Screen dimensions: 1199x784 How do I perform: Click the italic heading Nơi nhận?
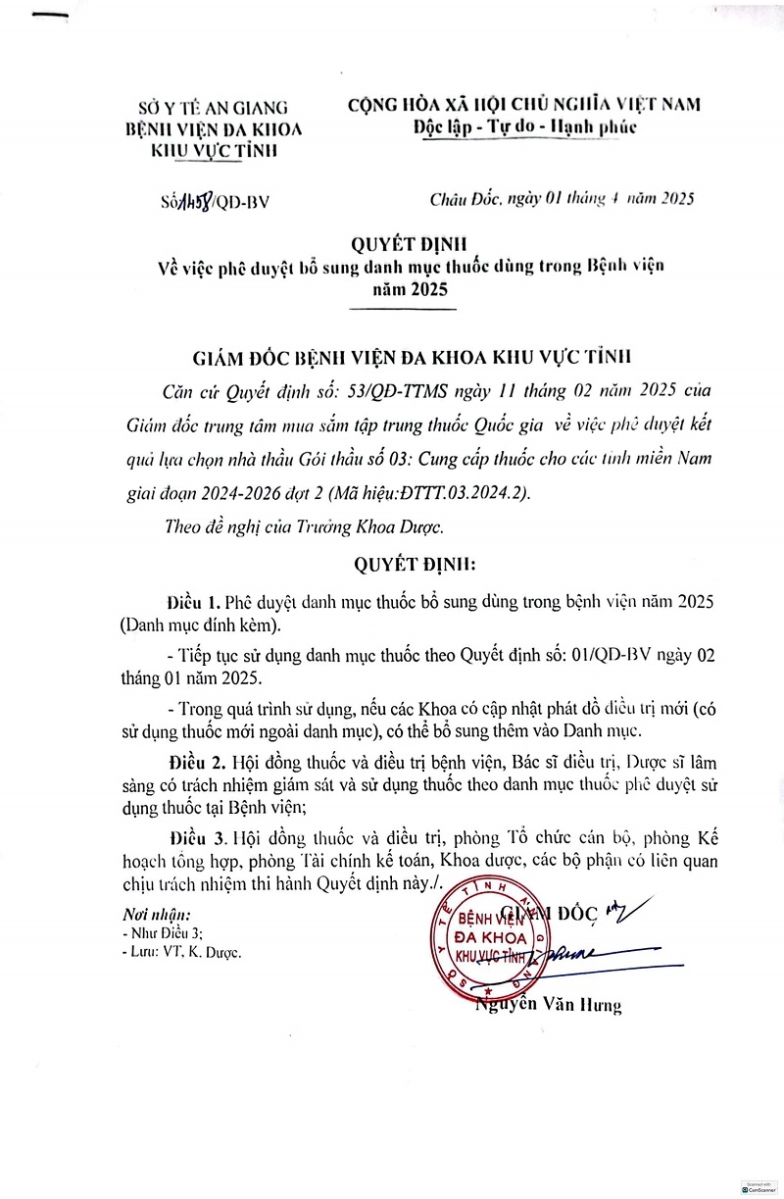click(154, 915)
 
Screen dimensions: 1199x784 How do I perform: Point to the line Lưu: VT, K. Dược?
click(181, 951)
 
